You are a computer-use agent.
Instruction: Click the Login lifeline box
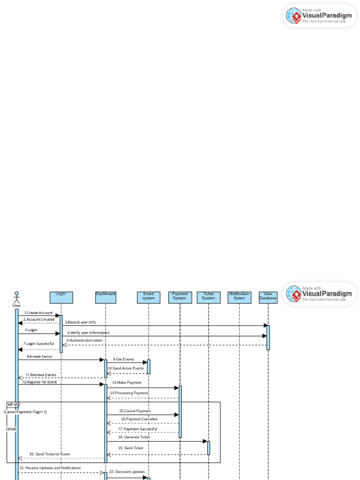point(61,297)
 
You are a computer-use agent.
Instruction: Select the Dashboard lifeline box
point(105,297)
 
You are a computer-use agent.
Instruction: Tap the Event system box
point(149,297)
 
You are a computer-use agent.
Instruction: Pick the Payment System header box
point(180,297)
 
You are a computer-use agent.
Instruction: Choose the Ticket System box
point(209,297)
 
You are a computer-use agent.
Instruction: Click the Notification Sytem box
point(239,297)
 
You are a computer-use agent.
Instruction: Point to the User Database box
point(268,297)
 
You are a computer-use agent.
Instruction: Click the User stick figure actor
point(17,298)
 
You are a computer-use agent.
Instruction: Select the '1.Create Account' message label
point(38,313)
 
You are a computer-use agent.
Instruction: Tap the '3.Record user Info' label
point(80,322)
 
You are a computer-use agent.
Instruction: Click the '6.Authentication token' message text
point(84,340)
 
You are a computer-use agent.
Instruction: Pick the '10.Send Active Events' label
point(126,368)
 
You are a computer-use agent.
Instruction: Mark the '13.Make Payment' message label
point(127,383)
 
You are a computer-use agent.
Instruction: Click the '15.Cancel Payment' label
point(135,411)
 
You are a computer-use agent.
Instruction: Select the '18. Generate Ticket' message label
point(134,437)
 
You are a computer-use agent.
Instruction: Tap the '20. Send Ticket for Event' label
point(50,454)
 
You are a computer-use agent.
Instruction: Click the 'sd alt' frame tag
point(13,404)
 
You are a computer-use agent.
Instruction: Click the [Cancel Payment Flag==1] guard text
point(25,412)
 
